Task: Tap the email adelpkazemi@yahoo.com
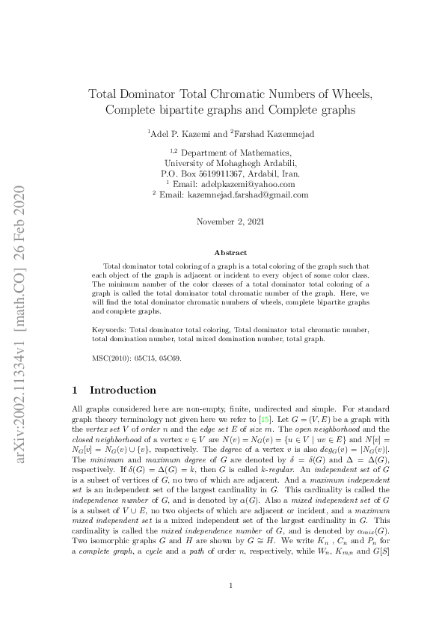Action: pos(248,183)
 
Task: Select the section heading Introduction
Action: pos(123,390)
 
